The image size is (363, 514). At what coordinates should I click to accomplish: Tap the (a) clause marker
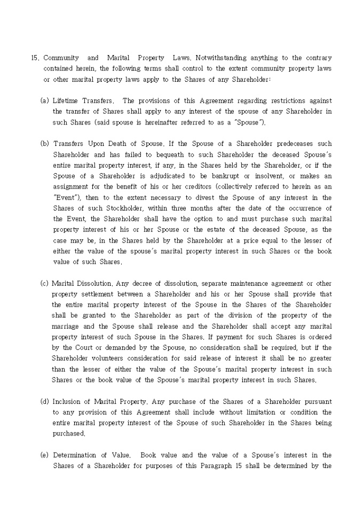45,100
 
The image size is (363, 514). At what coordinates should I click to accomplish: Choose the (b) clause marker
45,144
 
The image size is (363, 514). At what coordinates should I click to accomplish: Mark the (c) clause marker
45,283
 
